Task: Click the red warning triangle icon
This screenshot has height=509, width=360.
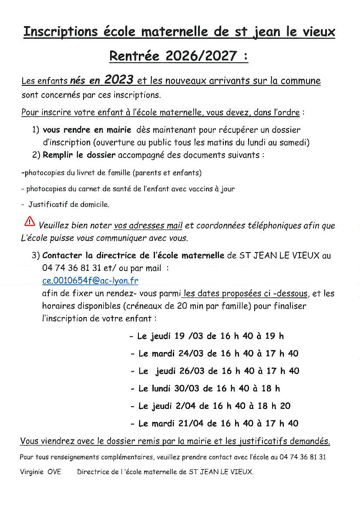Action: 30,222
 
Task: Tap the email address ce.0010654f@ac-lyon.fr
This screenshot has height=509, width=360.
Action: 90,281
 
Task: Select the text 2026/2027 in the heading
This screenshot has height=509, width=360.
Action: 202,56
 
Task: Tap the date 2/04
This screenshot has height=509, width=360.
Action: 185,406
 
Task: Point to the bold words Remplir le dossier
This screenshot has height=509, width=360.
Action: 79,155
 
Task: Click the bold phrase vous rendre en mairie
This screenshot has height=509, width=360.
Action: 87,130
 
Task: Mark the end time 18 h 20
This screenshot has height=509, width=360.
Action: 273,406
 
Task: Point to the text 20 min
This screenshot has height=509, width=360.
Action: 188,306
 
